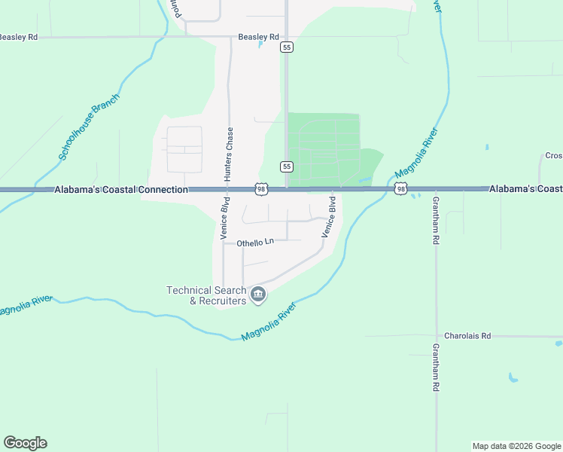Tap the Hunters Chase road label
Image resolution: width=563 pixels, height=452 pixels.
click(x=228, y=153)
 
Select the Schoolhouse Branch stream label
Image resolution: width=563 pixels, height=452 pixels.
click(x=89, y=127)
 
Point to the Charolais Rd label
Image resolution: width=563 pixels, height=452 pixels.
click(x=467, y=336)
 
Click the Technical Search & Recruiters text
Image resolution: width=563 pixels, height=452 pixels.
click(x=206, y=295)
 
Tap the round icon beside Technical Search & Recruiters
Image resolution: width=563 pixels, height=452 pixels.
click(x=258, y=294)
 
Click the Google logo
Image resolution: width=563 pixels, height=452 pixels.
click(x=25, y=443)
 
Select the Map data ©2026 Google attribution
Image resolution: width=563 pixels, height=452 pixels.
click(x=516, y=446)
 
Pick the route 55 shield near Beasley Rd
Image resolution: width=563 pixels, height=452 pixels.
click(x=286, y=47)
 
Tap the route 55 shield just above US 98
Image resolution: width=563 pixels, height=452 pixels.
click(x=286, y=166)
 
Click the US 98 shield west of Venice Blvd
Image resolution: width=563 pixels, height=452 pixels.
click(x=260, y=190)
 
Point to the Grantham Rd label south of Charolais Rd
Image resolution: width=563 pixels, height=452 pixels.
click(x=435, y=368)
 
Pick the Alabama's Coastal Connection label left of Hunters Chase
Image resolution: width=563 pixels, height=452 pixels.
click(x=120, y=190)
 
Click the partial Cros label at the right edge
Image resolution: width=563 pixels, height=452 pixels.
click(x=553, y=156)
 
